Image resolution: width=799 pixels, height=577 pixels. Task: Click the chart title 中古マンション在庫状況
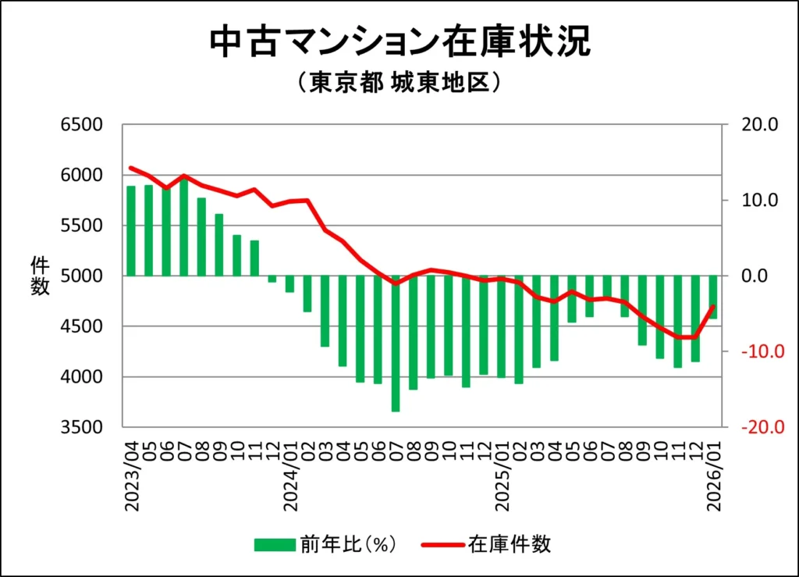(x=399, y=42)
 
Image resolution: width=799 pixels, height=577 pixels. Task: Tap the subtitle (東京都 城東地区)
(x=399, y=83)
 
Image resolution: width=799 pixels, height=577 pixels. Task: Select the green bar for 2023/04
(x=131, y=230)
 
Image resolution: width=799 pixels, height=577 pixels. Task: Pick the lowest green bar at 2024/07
(x=396, y=343)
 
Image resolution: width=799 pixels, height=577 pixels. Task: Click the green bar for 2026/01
(x=712, y=297)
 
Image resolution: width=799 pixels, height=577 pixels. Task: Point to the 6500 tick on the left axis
(x=82, y=125)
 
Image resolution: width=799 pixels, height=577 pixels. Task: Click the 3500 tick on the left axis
(x=82, y=427)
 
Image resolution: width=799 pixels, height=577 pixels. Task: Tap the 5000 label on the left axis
(x=82, y=276)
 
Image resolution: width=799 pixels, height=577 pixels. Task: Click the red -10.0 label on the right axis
(x=753, y=351)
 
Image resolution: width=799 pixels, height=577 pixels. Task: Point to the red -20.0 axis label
(x=753, y=427)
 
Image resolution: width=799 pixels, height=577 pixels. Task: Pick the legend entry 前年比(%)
(x=327, y=544)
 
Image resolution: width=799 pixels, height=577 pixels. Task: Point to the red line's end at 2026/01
(x=712, y=306)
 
